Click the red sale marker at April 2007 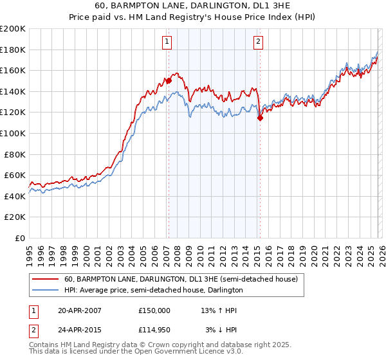(x=169, y=81)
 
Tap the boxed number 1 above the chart (x=167, y=42)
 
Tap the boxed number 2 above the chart (x=258, y=42)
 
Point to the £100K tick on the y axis (x=13, y=133)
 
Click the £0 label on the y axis (x=20, y=238)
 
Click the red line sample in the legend (x=45, y=280)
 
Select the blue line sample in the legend (x=45, y=291)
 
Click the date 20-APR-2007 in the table (x=80, y=310)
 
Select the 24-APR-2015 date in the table (x=80, y=330)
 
